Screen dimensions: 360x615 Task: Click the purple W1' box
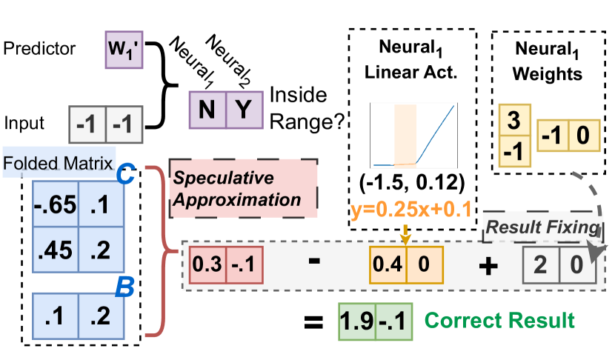click(x=123, y=50)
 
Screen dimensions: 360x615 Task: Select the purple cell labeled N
click(x=207, y=110)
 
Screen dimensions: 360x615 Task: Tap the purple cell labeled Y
click(x=244, y=110)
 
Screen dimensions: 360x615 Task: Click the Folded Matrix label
click(x=59, y=163)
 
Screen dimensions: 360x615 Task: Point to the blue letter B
click(x=124, y=287)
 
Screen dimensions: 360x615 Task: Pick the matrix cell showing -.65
click(x=56, y=204)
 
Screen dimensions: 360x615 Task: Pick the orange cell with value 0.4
click(x=388, y=265)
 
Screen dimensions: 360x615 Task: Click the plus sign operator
click(x=487, y=266)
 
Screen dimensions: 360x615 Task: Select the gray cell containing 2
click(x=541, y=265)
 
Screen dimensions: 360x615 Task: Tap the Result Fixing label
click(x=540, y=227)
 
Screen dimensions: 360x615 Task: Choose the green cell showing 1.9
click(x=356, y=321)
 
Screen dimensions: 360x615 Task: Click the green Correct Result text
click(x=499, y=321)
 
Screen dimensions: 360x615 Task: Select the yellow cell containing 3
click(x=515, y=121)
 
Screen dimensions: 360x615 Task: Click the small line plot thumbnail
click(x=413, y=136)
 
